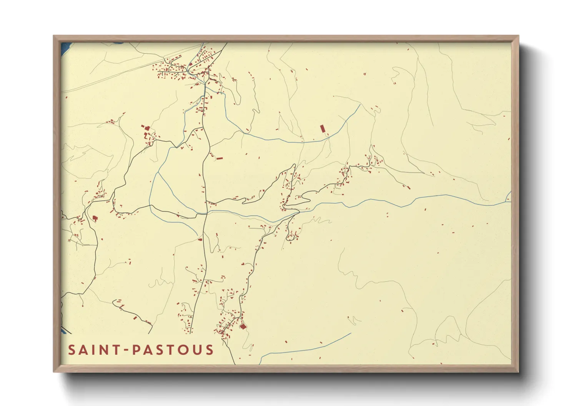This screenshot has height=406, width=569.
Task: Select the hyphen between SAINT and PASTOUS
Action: click(x=126, y=350)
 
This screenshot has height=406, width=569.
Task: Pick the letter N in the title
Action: click(x=104, y=350)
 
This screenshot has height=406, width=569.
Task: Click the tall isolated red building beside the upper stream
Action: click(x=323, y=129)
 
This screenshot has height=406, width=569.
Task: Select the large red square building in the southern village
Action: click(x=243, y=326)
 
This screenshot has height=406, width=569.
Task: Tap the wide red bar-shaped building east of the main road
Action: click(x=219, y=158)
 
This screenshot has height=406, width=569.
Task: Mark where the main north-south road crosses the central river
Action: click(x=207, y=211)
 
